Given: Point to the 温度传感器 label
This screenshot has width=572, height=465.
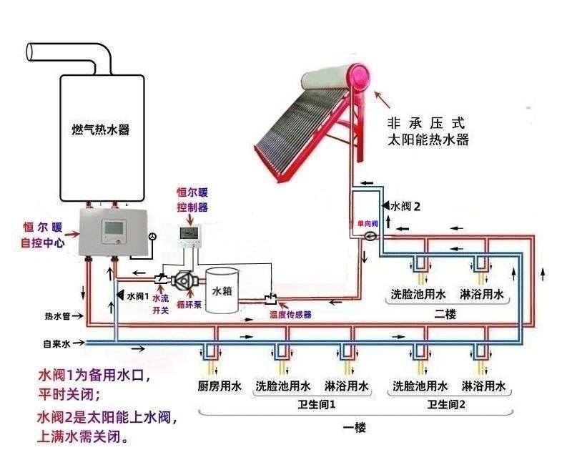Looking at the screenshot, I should tap(290, 314).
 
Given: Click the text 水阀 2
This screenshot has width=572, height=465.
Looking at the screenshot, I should tap(405, 206).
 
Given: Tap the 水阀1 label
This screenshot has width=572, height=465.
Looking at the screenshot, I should tap(137, 295).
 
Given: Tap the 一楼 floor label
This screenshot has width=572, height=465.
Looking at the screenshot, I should tap(354, 428).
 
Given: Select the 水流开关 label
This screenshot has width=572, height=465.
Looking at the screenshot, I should tap(161, 303).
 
